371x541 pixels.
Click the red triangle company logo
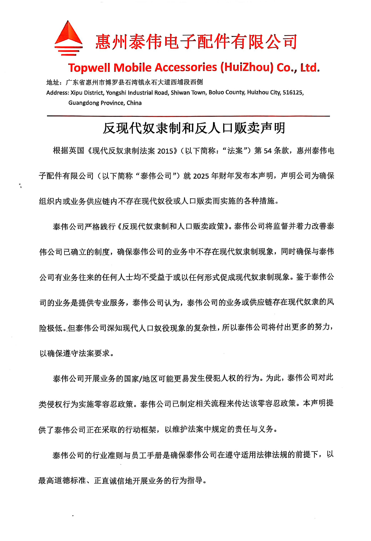coord(69,38)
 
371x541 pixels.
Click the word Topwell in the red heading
coord(89,68)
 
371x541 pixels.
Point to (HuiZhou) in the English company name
coord(247,68)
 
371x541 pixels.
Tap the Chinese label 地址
coord(53,82)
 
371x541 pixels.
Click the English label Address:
coord(58,93)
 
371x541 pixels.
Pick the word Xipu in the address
coord(76,93)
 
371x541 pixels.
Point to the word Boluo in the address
coord(216,93)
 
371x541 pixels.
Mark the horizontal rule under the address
coord(188,116)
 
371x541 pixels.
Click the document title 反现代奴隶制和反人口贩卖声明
coord(194,128)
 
